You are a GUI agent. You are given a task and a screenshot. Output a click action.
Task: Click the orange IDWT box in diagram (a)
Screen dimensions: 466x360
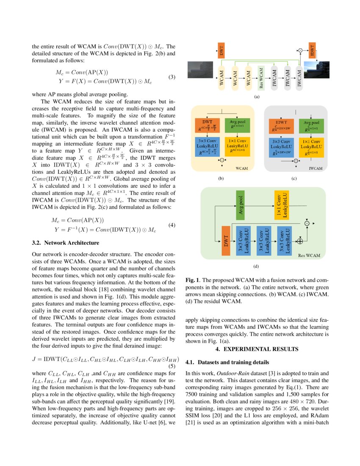tap(313, 51)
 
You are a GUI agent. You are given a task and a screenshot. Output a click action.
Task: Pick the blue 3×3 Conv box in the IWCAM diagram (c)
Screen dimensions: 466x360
tap(282, 146)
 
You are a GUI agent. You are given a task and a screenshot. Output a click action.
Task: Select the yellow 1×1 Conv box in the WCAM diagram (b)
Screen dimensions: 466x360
tap(237, 146)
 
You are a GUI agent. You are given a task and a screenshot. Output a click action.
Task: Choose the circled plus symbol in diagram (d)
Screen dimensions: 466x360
tap(300, 241)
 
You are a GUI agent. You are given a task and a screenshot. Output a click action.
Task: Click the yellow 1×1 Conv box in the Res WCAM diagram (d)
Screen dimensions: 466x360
tap(281, 205)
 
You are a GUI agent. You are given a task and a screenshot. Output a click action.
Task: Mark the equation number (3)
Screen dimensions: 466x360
tap(172, 77)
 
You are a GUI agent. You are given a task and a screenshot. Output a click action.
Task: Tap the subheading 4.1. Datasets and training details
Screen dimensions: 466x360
tap(227, 363)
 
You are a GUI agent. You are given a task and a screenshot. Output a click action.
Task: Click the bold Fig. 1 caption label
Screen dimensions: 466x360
tap(193, 280)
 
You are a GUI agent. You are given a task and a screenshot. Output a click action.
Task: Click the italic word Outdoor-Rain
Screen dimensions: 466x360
tap(233, 373)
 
